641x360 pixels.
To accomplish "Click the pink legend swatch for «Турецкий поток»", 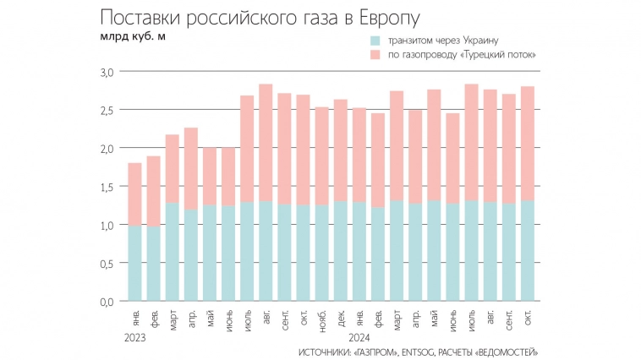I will pos(375,54).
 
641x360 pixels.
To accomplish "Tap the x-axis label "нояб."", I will pos(322,319).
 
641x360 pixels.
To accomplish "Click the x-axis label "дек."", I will pos(341,318).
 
